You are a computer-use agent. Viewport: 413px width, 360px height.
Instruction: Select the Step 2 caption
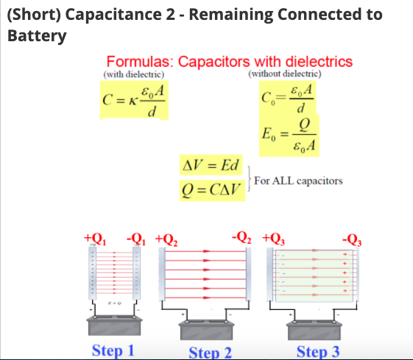[211, 351]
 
